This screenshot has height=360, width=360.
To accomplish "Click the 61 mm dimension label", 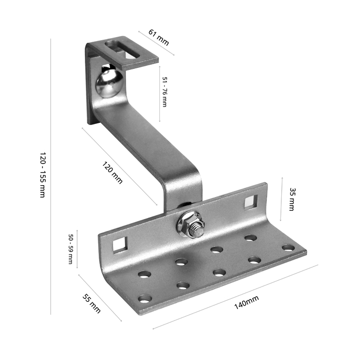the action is tap(158, 37).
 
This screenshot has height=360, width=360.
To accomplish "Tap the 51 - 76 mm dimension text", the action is tap(165, 92).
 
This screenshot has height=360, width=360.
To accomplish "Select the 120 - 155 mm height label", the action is tap(43, 175).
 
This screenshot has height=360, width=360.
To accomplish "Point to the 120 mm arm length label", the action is tap(112, 173).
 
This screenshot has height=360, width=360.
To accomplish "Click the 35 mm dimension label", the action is tap(292, 200).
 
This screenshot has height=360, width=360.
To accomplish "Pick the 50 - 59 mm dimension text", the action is tap(71, 249).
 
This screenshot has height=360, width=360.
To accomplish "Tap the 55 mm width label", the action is tap(92, 303).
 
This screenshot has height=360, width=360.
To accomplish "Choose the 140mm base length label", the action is tap(246, 302).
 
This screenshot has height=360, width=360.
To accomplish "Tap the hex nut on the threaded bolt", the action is tap(191, 225).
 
